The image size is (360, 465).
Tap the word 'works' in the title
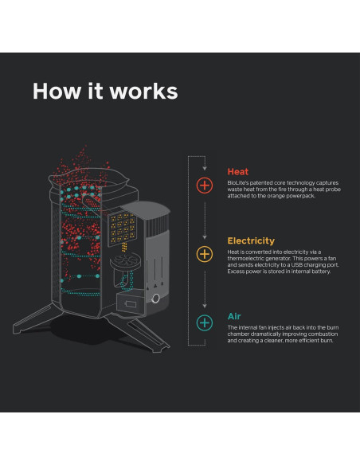coord(144,91)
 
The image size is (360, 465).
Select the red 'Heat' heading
coord(237,171)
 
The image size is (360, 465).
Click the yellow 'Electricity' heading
coord(251,240)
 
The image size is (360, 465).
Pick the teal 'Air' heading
coord(234,315)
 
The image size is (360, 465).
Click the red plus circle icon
coord(205,185)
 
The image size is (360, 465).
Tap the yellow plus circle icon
coord(205,254)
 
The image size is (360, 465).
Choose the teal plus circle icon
coord(205,322)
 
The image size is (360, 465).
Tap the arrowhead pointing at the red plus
coord(205,170)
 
